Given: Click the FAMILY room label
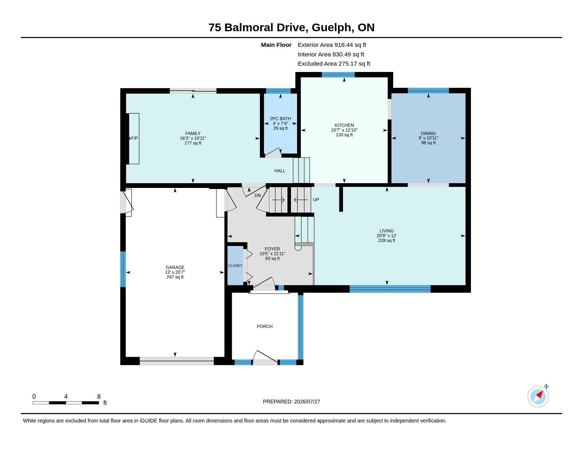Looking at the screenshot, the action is pos(193,134).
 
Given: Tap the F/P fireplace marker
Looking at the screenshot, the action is pos(134,138).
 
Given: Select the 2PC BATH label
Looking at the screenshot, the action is pos(280,119).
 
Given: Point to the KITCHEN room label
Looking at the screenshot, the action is pos(344,125).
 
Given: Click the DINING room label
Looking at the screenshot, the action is pos(428,134).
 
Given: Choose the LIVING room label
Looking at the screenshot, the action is pos(387,231).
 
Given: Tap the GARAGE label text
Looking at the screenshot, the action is pos(175,267).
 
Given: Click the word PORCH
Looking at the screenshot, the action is pos(264,327).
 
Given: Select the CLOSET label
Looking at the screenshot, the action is pos(235,266).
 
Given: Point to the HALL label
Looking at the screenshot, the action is pos(280,171).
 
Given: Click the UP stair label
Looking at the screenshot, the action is pos(316,200).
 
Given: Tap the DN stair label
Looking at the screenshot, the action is pos(258,195).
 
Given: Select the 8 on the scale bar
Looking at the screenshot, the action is pos(99,397).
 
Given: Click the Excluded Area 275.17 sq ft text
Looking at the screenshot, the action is pos(334,64).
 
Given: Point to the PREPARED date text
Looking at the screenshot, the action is pos(291,402).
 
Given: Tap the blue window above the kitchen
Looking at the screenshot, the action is pos(338,75).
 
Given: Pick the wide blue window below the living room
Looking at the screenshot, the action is pos(390,289).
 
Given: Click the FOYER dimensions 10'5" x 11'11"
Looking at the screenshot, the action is pos(272,254).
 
